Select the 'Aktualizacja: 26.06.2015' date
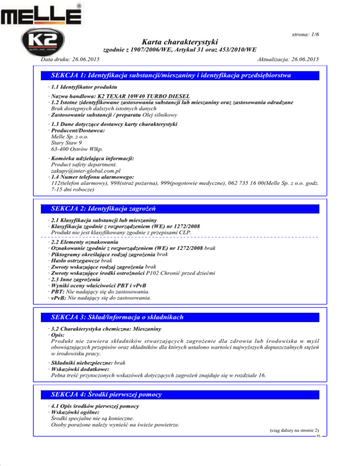point(288,60)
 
